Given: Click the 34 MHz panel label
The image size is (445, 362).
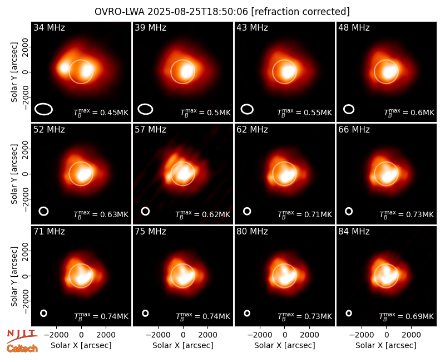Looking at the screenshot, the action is click(x=49, y=27).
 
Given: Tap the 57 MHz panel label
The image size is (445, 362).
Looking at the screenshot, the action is click(x=150, y=130).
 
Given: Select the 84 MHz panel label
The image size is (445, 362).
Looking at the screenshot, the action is click(x=354, y=232).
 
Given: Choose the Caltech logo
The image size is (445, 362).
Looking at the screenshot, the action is click(x=22, y=349).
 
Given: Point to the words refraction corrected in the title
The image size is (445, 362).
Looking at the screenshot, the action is click(x=300, y=12).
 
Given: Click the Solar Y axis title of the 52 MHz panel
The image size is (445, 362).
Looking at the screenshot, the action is click(x=14, y=174).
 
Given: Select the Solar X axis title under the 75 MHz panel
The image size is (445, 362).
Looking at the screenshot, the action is click(x=183, y=345).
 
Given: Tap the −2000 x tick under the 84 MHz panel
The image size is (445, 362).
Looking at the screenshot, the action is click(x=361, y=335).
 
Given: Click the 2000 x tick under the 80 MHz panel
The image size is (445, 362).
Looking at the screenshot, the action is click(x=309, y=335).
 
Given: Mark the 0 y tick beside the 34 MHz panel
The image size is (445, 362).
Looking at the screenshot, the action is click(x=25, y=72).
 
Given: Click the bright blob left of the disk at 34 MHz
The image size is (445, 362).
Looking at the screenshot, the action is click(x=64, y=68).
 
